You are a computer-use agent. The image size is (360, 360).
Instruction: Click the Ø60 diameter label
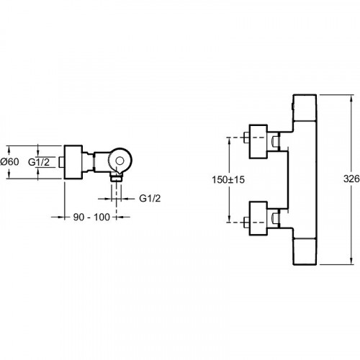pyautogui.click(x=9, y=161)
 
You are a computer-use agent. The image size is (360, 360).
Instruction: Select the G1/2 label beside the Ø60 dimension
pyautogui.click(x=39, y=162)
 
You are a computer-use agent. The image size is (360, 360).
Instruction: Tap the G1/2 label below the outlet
pyautogui.click(x=150, y=198)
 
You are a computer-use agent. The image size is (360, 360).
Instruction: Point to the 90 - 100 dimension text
pyautogui.click(x=91, y=217)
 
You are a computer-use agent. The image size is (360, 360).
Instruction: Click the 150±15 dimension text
pyautogui.click(x=228, y=179)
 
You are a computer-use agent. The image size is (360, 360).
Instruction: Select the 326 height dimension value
pyautogui.click(x=351, y=179)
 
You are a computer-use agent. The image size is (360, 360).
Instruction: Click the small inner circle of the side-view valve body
pyautogui.click(x=120, y=161)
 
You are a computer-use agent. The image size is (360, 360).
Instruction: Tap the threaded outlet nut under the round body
pyautogui.click(x=116, y=178)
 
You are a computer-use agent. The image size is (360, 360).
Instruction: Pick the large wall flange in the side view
pyautogui.click(x=73, y=162)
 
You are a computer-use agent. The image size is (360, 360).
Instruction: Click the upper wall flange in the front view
pyautogui.click(x=258, y=142)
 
